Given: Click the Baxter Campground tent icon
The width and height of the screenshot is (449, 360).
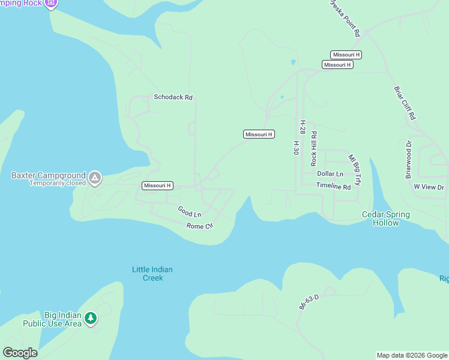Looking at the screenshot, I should point(95,178).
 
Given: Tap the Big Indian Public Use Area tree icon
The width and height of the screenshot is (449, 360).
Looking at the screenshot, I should point(90,318).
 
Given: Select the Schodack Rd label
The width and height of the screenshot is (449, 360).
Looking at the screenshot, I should point(173,97).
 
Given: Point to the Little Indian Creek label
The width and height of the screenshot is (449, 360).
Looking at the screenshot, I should point(152,274).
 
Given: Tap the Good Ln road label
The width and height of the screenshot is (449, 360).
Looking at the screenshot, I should point(189,212).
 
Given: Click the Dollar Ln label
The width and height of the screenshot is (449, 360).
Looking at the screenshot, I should point(330,174).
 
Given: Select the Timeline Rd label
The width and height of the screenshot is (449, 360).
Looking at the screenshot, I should point(333,187).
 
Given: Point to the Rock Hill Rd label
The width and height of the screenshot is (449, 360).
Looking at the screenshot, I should point(313,149).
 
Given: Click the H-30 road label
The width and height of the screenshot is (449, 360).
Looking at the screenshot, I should point(296,148).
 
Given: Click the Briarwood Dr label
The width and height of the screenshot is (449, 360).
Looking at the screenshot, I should point(409,160).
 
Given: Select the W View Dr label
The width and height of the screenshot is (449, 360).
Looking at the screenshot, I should point(429,187).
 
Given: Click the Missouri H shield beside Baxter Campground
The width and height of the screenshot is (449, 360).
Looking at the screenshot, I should point(157,186).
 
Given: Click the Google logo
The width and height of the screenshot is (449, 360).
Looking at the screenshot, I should point(20,353).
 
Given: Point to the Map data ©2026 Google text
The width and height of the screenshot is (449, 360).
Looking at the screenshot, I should point(412,355).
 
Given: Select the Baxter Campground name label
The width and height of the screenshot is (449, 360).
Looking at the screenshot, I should point(49,176).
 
